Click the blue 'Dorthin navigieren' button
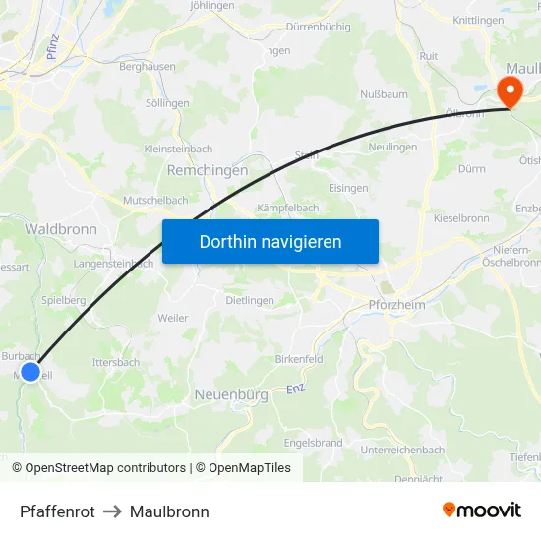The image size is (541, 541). click(x=270, y=241)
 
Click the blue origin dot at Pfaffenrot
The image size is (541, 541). click(x=30, y=372)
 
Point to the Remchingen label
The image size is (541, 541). click(x=208, y=170)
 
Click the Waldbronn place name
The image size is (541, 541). click(x=60, y=228)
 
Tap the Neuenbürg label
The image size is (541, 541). click(x=232, y=394)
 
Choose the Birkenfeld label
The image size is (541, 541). click(x=299, y=360)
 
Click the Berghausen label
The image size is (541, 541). click(x=148, y=66)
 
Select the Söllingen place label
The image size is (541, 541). click(x=167, y=102)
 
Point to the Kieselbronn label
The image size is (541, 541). click(x=461, y=217)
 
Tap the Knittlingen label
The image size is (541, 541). click(x=478, y=20)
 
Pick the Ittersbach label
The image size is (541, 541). click(x=115, y=362)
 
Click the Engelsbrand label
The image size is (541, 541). click(x=313, y=443)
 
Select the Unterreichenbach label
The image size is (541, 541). click(x=402, y=450)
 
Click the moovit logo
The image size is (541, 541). click(x=482, y=510)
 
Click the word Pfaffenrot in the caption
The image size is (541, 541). click(x=57, y=511)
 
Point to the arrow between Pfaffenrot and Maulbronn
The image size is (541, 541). click(x=112, y=511)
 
